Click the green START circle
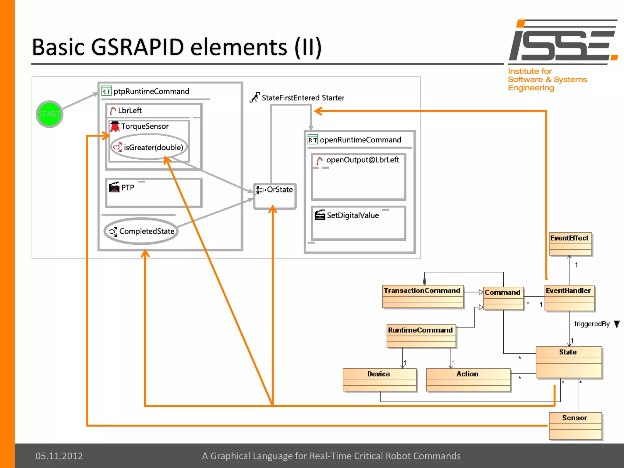[49, 114]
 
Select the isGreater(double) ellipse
[149, 147]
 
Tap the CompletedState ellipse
[141, 231]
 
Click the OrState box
[275, 196]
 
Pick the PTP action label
[127, 187]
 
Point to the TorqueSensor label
[145, 126]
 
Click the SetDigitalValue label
[353, 215]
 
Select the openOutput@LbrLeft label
[362, 160]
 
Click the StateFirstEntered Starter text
[303, 98]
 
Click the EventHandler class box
[569, 298]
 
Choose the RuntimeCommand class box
[421, 336]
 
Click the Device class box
[379, 379]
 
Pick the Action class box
[468, 379]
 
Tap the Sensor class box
[575, 425]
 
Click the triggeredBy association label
[592, 324]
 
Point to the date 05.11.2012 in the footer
[59, 456]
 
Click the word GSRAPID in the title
[137, 47]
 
